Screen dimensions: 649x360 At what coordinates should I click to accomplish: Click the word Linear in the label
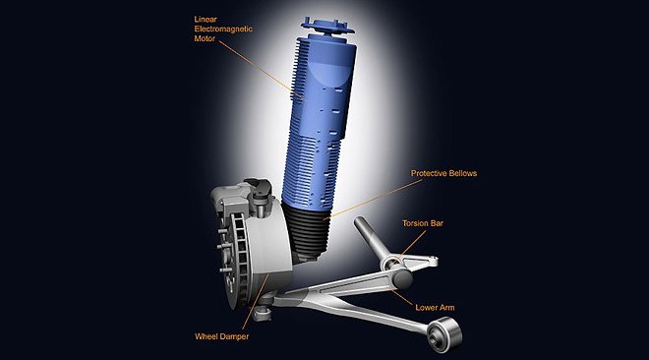click(206, 19)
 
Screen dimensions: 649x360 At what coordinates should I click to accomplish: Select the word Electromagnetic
click(223, 29)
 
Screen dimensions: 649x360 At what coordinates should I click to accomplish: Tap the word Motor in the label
click(205, 38)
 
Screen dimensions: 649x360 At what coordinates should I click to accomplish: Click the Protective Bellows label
click(443, 173)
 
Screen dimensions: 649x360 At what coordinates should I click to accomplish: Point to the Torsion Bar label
click(423, 223)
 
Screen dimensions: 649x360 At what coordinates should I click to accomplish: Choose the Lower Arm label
click(435, 308)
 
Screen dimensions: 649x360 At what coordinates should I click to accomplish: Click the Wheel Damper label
click(222, 336)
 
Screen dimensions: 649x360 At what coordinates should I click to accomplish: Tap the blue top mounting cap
click(327, 26)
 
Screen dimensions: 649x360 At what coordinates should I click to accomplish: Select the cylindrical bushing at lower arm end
click(444, 334)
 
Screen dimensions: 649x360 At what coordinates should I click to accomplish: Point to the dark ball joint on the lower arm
click(402, 279)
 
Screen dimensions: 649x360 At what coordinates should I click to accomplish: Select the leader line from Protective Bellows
click(373, 200)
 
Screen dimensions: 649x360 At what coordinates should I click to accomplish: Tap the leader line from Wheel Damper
click(256, 302)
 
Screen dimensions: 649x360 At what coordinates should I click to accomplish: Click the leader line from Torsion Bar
click(410, 246)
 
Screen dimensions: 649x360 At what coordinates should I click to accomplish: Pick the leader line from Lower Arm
click(401, 297)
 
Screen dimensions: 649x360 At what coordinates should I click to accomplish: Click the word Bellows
click(462, 173)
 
